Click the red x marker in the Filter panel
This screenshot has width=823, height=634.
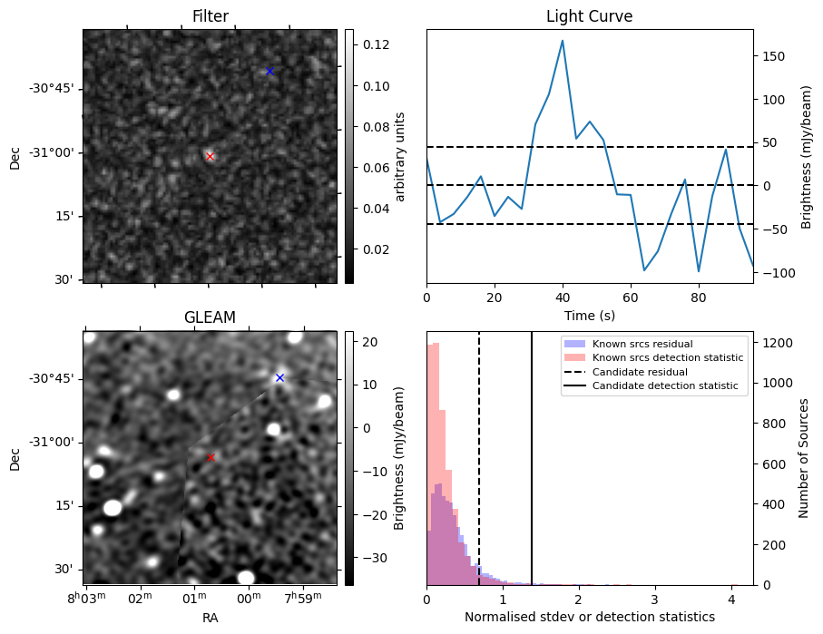click(211, 157)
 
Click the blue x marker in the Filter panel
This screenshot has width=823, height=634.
click(269, 71)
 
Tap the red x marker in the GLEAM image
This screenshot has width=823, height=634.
click(211, 458)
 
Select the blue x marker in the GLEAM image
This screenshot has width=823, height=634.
click(279, 377)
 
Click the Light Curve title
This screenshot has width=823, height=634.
click(589, 16)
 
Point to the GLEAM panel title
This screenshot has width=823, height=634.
click(210, 317)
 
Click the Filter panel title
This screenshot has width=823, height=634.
click(210, 16)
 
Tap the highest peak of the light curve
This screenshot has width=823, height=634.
click(563, 41)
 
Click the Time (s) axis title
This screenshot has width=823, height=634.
click(589, 315)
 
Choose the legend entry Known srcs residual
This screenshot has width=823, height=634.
click(642, 344)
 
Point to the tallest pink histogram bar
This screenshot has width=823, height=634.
click(435, 463)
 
